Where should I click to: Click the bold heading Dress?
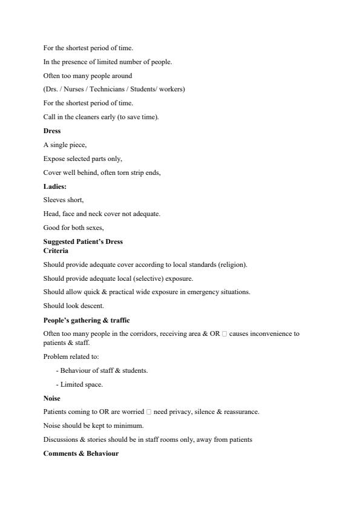(52, 131)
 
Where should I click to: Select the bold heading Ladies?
(54, 186)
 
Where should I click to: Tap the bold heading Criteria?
(56, 250)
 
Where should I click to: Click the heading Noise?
(52, 398)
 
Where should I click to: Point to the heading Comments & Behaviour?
(80, 453)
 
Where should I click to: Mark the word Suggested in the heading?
(59, 241)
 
